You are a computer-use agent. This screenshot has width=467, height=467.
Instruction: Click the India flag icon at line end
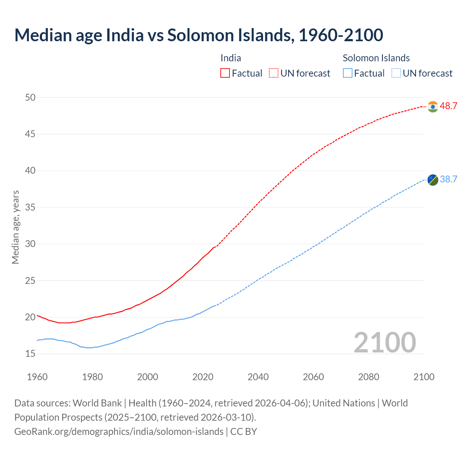pos(433,107)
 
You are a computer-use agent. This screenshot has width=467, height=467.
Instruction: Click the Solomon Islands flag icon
pos(433,180)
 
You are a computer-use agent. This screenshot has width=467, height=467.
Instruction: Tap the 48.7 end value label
pos(448,106)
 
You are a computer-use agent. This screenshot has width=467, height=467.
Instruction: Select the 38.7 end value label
pos(448,179)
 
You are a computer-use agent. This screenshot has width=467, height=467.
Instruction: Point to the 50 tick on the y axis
pos(30,97)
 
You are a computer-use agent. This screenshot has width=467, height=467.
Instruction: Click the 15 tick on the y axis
pos(30,354)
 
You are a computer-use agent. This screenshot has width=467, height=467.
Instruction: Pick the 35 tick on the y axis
pos(30,207)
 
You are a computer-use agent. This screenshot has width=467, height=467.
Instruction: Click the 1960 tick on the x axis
pos(37,377)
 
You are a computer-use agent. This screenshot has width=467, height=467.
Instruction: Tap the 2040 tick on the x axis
pos(258,377)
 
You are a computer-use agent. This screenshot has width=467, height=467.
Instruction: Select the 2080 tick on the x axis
pos(368,377)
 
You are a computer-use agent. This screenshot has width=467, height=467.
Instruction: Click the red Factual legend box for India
pos(225,73)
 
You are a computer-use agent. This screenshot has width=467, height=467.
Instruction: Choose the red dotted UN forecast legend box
pos(274,73)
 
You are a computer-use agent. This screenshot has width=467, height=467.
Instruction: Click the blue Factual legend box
pos(348,73)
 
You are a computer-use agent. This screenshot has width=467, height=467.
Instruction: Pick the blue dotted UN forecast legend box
pos(396,73)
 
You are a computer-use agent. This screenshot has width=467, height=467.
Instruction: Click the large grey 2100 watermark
pos(385,342)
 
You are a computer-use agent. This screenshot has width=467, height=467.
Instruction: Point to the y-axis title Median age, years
pos(15,227)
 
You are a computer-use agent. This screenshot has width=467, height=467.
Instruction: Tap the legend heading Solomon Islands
pos(376,58)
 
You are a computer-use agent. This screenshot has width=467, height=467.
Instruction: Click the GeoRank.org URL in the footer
pos(119,431)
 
